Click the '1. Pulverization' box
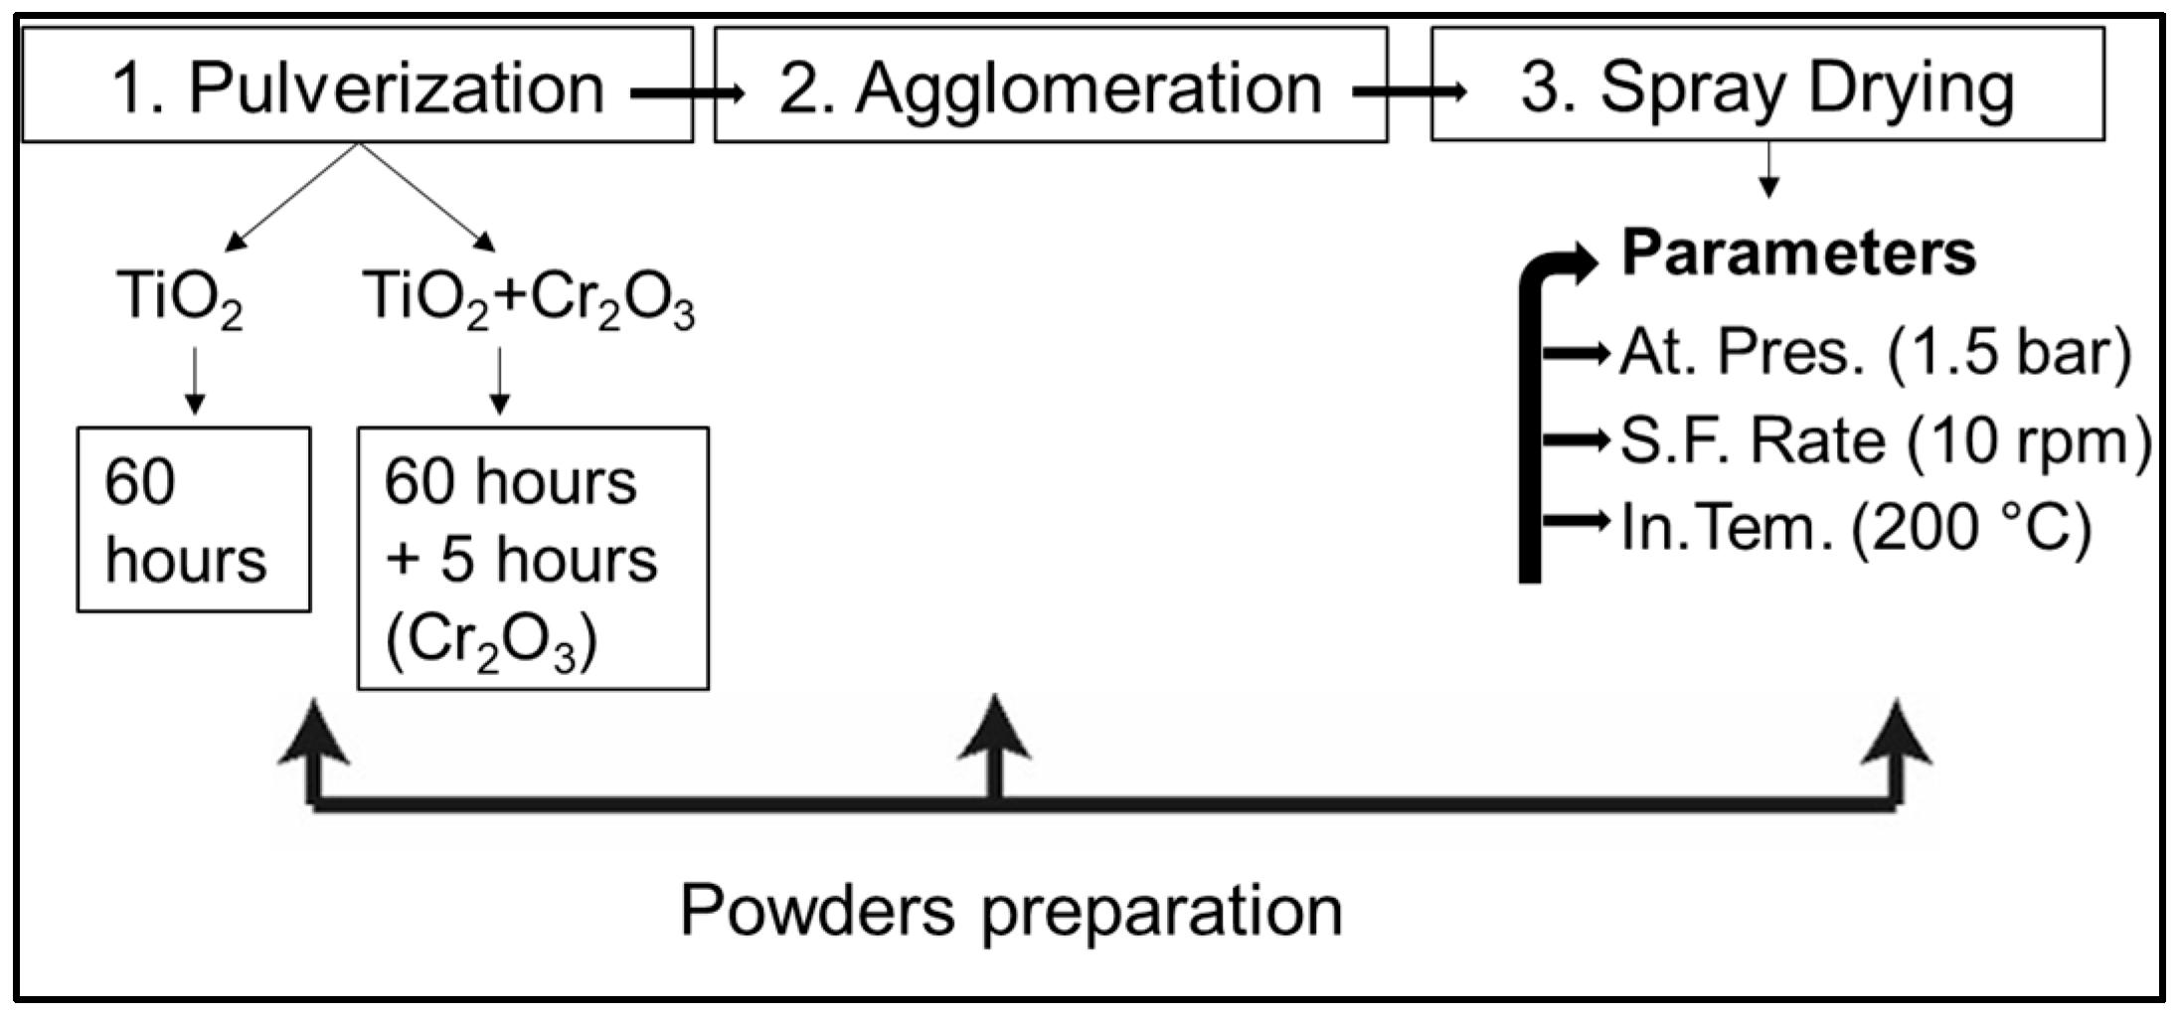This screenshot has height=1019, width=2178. (357, 85)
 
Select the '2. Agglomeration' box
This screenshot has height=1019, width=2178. (1050, 85)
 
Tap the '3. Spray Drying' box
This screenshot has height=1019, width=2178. (1766, 85)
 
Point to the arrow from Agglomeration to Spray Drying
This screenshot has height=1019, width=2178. (1410, 92)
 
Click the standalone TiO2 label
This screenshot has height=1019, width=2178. (180, 297)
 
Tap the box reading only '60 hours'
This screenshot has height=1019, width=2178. (193, 520)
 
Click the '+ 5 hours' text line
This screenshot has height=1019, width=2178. (521, 559)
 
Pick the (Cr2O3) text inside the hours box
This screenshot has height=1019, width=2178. (491, 642)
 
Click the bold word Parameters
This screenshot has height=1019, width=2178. (1798, 254)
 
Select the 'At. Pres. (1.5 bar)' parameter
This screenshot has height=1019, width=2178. (1875, 353)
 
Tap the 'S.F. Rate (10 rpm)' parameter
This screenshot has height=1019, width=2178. (1885, 440)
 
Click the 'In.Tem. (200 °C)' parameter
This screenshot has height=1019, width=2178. (1855, 527)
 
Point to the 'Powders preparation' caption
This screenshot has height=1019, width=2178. (1011, 910)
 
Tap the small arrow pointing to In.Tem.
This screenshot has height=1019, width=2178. (1576, 520)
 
